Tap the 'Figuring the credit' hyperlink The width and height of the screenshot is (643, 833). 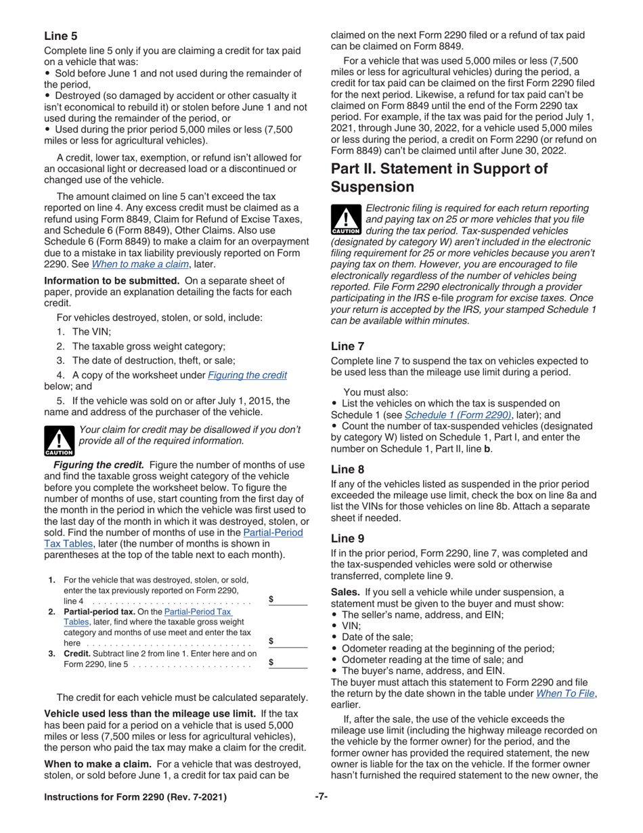[247, 375]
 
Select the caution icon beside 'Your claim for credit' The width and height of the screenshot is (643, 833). [59, 441]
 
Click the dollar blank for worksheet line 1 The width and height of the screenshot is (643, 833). [289, 599]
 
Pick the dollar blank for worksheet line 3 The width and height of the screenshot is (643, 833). [289, 664]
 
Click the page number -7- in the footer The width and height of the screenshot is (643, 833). [321, 796]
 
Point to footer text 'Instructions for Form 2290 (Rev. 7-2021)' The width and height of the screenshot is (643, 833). [135, 797]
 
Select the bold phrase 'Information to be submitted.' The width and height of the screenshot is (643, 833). [112, 280]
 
